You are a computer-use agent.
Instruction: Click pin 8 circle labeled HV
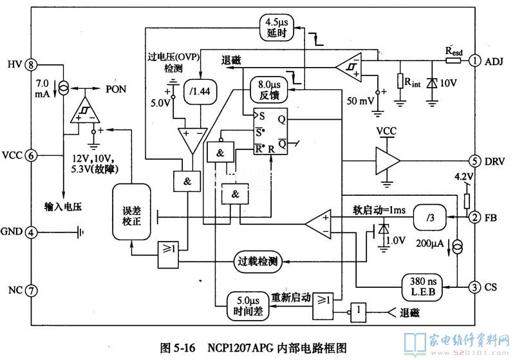point(30,64)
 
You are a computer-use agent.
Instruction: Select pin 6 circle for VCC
point(30,155)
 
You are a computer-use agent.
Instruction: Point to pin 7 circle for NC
point(30,290)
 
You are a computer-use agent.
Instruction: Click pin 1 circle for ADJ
point(474,61)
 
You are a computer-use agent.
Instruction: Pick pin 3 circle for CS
point(474,287)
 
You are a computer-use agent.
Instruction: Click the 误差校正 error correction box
point(131,212)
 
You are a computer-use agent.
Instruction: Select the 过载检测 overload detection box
point(257,261)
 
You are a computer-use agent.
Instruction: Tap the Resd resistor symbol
point(453,61)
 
